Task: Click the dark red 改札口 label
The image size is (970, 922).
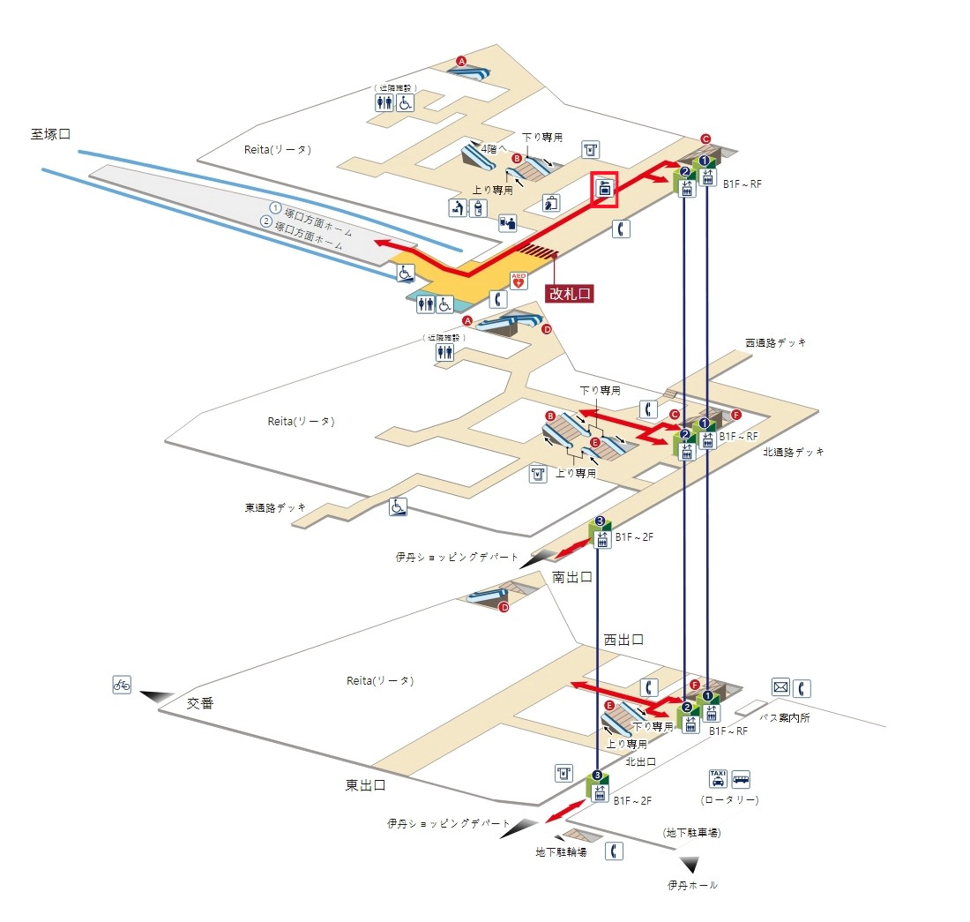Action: [569, 293]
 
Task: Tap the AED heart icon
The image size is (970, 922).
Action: [519, 281]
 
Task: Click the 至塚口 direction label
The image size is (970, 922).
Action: [50, 134]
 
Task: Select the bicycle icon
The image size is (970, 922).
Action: [122, 684]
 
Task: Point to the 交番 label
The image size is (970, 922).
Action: [200, 703]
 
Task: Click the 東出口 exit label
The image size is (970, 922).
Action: [365, 784]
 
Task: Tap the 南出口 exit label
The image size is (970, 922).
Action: [571, 578]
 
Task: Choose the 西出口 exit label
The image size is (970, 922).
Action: [623, 640]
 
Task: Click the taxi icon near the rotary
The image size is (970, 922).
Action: [718, 778]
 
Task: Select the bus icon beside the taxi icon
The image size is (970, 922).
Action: [741, 778]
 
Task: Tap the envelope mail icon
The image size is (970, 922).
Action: [780, 686]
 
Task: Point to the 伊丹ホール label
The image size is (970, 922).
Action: [692, 885]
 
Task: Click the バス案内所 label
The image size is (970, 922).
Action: [784, 717]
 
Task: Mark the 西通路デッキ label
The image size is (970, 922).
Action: [776, 342]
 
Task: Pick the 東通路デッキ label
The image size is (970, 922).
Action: [276, 507]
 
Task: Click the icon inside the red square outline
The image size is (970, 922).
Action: [605, 187]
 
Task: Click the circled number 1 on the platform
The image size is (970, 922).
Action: [275, 209]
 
